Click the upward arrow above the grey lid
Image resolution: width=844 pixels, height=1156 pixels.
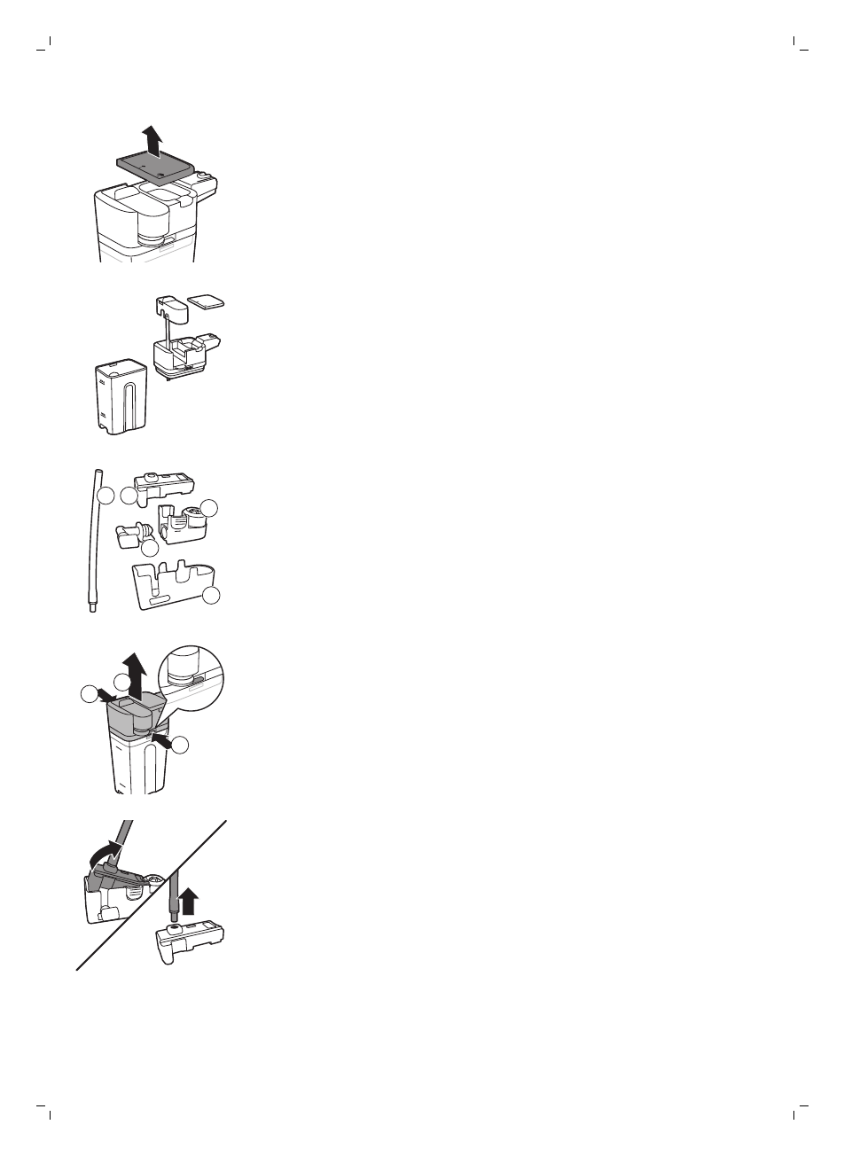(155, 139)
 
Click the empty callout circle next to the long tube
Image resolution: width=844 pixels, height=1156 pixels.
(106, 496)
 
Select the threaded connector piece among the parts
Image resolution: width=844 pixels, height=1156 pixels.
(133, 535)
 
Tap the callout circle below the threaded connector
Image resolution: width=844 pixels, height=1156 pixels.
(150, 550)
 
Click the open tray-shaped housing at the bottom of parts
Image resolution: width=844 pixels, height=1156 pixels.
(174, 585)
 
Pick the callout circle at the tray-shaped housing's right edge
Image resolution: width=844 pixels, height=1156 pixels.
(211, 596)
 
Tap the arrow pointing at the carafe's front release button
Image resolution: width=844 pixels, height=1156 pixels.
(161, 734)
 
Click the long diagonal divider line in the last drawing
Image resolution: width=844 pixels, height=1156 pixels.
(151, 895)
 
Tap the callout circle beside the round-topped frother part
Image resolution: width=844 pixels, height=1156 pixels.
(209, 507)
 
